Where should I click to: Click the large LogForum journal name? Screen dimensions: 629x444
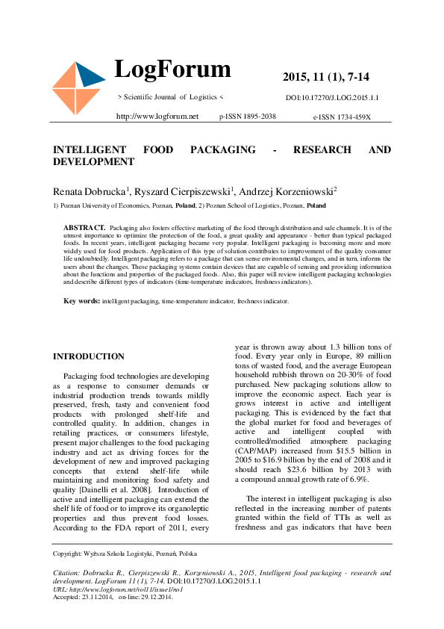click(172, 69)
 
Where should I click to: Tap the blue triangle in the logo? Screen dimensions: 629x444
click(90, 74)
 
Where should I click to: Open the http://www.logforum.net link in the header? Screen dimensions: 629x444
click(157, 117)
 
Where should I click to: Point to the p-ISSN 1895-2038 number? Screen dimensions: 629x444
click(248, 117)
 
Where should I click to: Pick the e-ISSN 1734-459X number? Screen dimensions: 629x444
click(342, 117)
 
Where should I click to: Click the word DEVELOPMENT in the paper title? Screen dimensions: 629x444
click(93, 161)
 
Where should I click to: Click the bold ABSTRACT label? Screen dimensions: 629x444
click(84, 226)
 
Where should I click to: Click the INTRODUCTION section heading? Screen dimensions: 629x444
click(89, 357)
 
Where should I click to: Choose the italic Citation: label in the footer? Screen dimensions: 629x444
click(68, 573)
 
